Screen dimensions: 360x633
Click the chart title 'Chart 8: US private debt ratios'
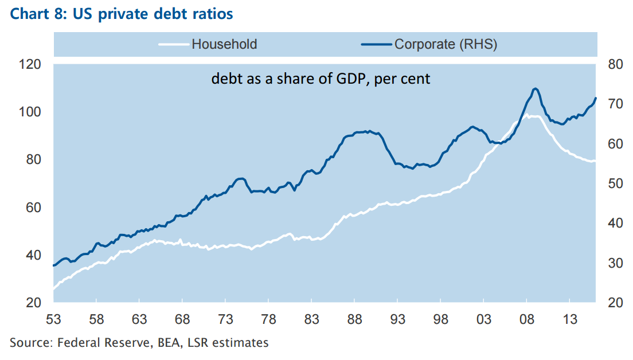coord(121,13)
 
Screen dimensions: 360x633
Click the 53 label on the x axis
coord(53,319)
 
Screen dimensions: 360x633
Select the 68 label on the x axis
coord(182,319)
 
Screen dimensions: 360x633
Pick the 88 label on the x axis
coord(354,319)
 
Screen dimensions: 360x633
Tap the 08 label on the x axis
coord(526,319)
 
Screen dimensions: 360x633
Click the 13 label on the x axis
coord(569,319)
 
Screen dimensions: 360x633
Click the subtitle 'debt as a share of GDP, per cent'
coord(321,79)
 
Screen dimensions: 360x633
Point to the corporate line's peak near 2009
coord(535,88)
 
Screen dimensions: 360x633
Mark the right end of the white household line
coord(595,161)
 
